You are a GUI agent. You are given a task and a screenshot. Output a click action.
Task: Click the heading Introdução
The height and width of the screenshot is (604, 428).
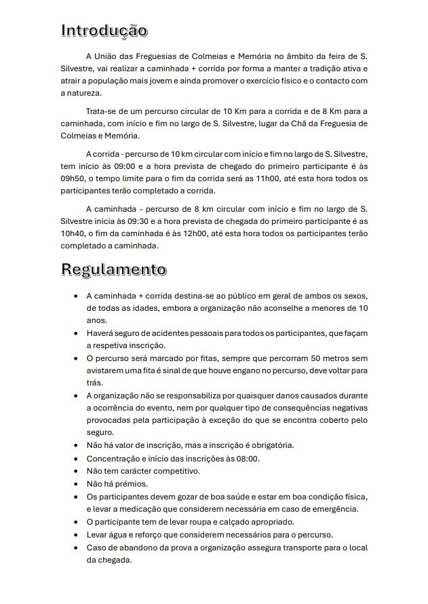click(x=104, y=31)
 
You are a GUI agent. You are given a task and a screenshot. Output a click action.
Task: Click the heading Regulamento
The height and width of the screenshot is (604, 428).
click(x=113, y=269)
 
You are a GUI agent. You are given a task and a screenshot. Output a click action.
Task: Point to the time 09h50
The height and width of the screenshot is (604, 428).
click(x=73, y=178)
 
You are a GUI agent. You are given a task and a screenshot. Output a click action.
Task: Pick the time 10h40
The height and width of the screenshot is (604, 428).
click(x=73, y=234)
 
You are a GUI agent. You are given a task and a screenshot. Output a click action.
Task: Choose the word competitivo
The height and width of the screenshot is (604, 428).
click(x=171, y=471)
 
